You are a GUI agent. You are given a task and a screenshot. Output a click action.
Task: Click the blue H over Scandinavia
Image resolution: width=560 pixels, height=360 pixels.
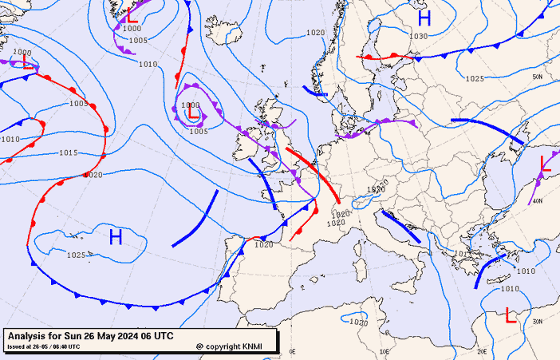point(424,18)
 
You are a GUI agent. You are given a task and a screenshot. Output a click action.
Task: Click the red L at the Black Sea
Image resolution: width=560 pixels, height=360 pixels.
point(546,164)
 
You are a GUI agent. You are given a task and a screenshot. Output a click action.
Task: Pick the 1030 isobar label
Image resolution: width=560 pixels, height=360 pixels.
point(419,37)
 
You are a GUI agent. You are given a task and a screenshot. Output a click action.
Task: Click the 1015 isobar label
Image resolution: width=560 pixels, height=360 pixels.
point(69,152)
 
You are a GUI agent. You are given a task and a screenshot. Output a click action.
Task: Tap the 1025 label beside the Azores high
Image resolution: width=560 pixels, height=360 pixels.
point(76,255)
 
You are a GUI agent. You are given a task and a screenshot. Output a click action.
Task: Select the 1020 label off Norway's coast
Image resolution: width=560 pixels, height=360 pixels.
point(316,33)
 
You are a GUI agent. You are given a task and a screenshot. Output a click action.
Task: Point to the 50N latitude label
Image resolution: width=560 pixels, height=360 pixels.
point(538,77)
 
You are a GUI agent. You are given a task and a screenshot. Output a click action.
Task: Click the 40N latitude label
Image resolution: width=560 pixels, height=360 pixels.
point(538,200)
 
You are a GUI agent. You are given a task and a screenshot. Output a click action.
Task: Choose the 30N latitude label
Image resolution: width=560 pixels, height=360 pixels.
point(538,322)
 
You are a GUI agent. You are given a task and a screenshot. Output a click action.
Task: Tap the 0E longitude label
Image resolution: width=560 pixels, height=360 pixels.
point(292,351)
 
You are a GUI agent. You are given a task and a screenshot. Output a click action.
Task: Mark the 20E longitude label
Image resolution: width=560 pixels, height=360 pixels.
point(482,351)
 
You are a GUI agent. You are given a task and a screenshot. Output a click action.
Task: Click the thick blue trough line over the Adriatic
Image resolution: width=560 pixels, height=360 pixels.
point(400,227)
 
